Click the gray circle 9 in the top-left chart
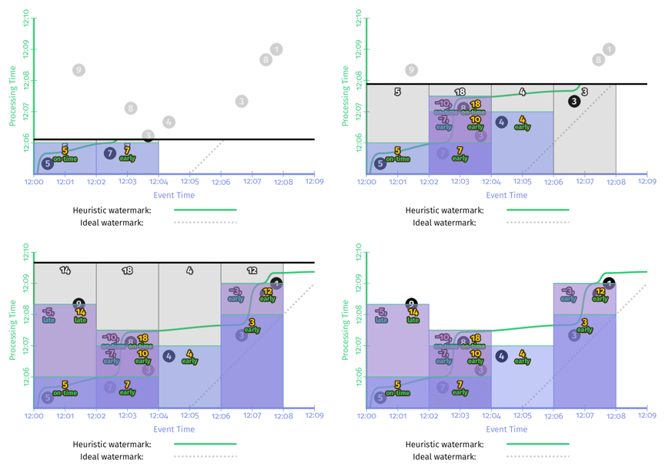[79, 70]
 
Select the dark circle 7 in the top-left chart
[109, 153]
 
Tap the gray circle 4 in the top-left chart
[169, 122]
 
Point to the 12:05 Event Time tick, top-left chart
[189, 182]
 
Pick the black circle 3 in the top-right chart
[574, 101]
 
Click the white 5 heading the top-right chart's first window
[397, 92]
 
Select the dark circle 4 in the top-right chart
[501, 122]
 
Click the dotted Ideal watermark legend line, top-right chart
[537, 223]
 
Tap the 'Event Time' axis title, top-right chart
[506, 195]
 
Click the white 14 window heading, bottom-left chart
[65, 270]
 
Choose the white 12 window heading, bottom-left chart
[252, 270]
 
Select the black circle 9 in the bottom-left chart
[79, 304]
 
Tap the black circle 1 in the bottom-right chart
[609, 284]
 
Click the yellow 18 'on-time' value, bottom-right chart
[476, 338]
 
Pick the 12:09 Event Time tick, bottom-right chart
[647, 416]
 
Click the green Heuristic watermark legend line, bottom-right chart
[537, 444]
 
